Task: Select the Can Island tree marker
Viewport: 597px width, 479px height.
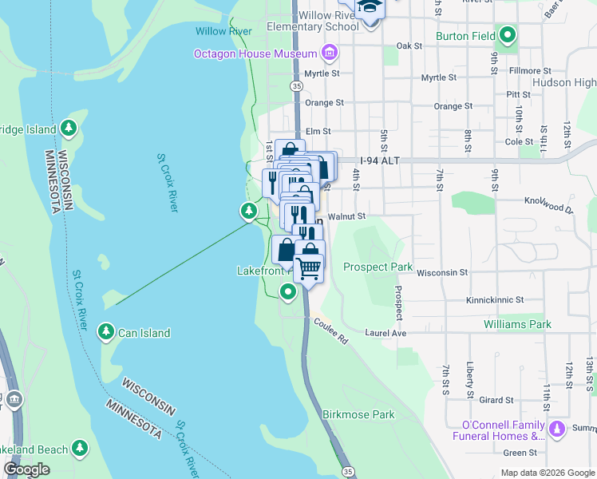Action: click(x=105, y=331)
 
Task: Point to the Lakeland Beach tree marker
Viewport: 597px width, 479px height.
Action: click(x=80, y=449)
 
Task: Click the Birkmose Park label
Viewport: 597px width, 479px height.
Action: click(x=358, y=415)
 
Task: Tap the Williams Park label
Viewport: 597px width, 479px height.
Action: click(x=517, y=325)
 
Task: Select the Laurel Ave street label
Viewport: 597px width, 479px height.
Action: click(x=385, y=333)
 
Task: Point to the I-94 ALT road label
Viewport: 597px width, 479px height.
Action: click(x=378, y=160)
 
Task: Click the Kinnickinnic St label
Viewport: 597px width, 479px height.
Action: click(x=496, y=300)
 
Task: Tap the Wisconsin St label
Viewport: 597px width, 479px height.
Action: click(x=441, y=272)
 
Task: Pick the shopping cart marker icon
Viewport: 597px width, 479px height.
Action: click(x=308, y=267)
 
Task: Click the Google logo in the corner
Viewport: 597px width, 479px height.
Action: click(x=26, y=469)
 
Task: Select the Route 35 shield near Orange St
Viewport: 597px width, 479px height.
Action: click(x=296, y=85)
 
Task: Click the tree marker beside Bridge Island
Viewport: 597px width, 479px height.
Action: click(x=69, y=128)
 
